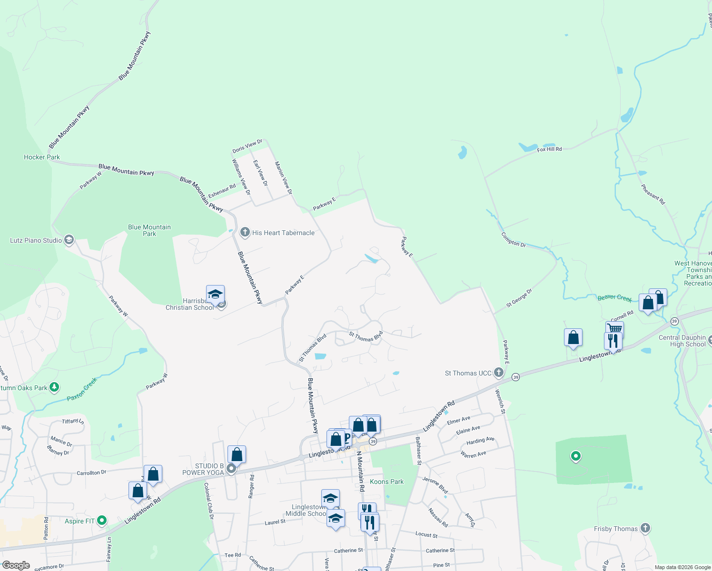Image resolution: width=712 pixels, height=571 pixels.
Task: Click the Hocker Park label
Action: click(x=42, y=157)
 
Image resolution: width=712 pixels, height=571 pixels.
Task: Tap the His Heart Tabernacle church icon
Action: click(x=245, y=232)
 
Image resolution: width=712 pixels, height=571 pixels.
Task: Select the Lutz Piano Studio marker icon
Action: click(x=69, y=240)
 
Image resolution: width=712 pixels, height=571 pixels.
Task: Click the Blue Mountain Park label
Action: click(x=149, y=230)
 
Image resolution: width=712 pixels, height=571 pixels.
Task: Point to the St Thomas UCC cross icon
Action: click(x=498, y=373)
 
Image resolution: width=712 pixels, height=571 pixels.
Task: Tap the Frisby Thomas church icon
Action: click(x=645, y=528)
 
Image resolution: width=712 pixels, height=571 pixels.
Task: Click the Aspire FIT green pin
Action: click(x=102, y=521)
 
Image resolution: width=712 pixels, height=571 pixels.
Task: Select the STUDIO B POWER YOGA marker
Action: click(x=231, y=469)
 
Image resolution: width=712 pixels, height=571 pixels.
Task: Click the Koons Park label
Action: click(x=386, y=482)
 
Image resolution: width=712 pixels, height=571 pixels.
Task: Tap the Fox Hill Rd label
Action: click(x=549, y=149)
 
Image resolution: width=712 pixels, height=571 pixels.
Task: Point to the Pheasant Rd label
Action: click(x=653, y=194)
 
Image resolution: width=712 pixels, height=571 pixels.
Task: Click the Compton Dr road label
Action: click(x=513, y=239)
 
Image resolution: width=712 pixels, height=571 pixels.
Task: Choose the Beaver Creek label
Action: click(x=614, y=298)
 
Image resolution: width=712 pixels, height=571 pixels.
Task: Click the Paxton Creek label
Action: click(x=82, y=389)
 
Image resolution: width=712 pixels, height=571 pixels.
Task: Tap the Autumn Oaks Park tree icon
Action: click(x=54, y=387)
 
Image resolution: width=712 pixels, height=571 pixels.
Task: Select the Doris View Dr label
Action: click(x=247, y=146)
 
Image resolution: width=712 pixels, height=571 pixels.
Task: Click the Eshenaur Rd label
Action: click(x=222, y=191)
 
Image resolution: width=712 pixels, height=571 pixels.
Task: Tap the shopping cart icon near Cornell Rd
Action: click(x=615, y=328)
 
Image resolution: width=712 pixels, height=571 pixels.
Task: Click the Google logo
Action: click(x=16, y=565)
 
